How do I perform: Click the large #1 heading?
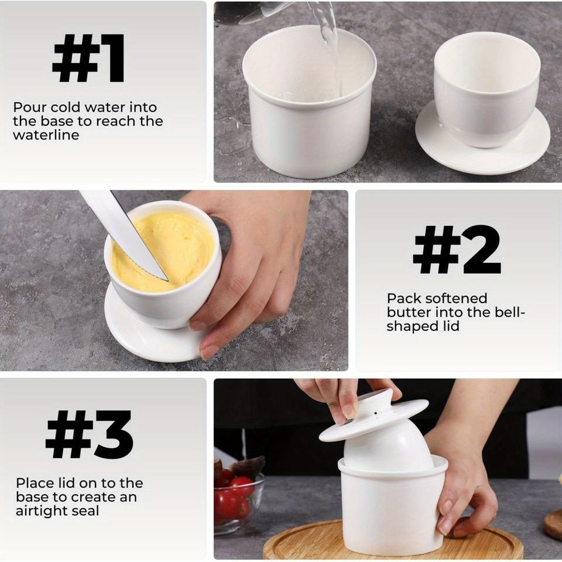[88, 59]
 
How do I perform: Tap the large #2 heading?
[457, 250]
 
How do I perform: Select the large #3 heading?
[90, 434]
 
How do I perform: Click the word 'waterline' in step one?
[46, 135]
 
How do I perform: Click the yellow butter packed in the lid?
[163, 251]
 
